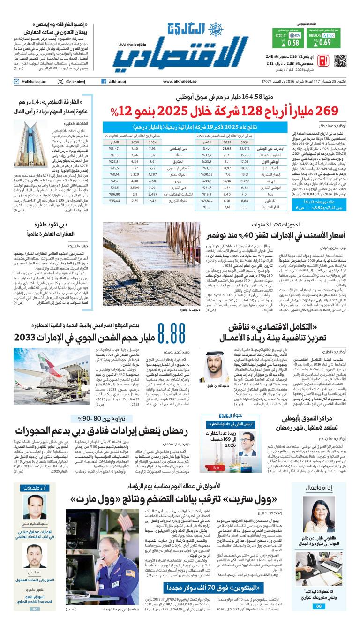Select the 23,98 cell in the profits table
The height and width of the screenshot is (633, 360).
pos(227,149)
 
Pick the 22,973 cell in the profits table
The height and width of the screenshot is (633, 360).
pos(244,149)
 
